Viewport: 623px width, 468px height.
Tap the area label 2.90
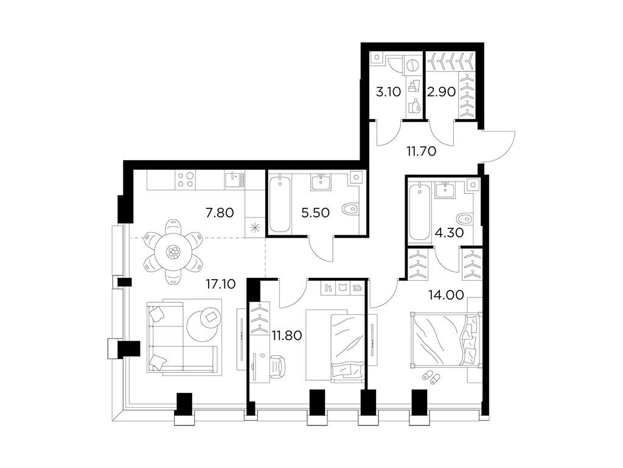tap(439, 93)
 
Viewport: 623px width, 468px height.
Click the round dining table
tap(174, 252)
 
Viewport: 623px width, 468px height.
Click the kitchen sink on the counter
tap(231, 178)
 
